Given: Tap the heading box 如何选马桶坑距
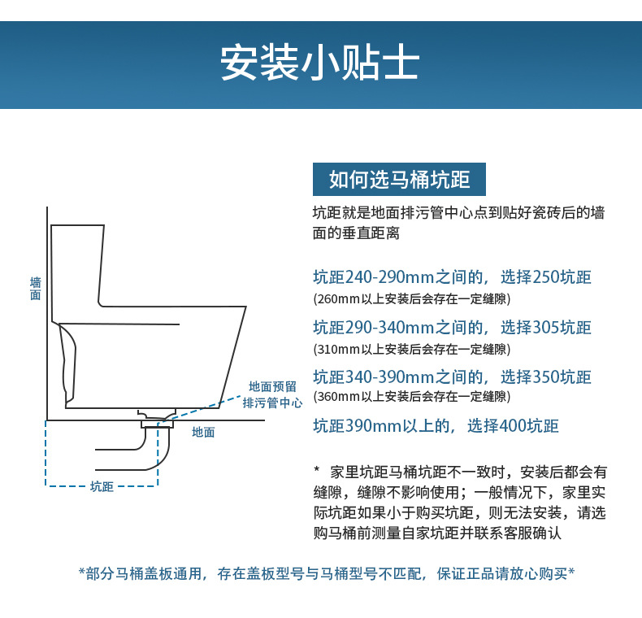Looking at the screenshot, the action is pos(399,179).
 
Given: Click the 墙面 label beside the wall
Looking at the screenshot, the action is pos(35,289).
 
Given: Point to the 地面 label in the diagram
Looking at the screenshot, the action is pos(203,433).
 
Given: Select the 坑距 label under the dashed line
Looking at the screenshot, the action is pos(102,487).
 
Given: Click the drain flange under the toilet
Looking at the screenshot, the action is pos(157,421).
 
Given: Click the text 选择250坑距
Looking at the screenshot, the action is pos(545,277).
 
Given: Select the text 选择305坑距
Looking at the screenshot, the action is pos(545,328).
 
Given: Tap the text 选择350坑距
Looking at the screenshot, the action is pos(545,377).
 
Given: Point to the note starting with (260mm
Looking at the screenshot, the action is pos(412,298).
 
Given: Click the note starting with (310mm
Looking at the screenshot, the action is pos(412,349).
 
